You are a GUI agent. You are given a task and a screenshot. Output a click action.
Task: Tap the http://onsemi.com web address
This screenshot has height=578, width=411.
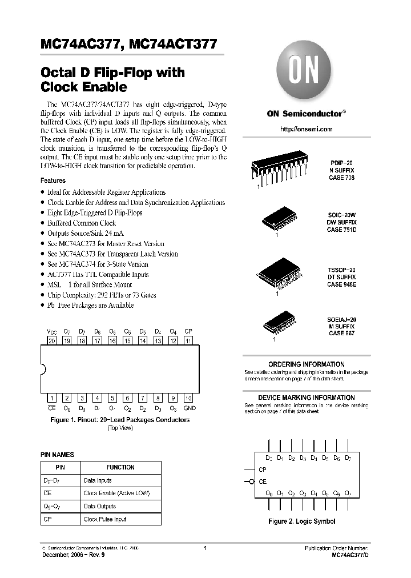click(x=306, y=130)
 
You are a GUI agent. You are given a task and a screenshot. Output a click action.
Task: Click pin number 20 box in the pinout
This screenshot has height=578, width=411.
click(x=52, y=341)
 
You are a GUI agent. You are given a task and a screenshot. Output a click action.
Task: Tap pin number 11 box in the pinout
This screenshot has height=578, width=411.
click(x=188, y=341)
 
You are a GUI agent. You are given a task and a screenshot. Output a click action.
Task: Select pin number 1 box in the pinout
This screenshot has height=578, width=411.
click(x=52, y=398)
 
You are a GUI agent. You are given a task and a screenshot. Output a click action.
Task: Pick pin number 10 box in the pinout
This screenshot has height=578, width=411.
click(x=188, y=398)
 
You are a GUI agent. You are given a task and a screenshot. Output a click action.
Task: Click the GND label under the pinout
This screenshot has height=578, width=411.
click(x=190, y=408)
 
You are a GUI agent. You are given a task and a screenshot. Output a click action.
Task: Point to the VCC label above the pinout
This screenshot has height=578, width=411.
click(x=51, y=331)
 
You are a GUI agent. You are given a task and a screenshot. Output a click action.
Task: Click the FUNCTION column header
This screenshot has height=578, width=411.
click(x=120, y=467)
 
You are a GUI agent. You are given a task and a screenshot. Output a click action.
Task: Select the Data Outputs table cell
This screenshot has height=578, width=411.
click(x=100, y=506)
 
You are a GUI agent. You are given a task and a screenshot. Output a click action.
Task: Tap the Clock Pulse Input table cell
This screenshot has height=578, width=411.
click(x=105, y=519)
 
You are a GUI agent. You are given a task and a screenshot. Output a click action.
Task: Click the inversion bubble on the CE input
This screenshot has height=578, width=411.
click(x=252, y=482)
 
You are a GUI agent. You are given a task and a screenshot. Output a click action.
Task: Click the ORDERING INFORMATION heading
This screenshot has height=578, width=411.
click(x=306, y=364)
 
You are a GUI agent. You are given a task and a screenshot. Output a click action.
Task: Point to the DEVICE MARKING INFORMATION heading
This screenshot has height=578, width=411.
click(x=306, y=398)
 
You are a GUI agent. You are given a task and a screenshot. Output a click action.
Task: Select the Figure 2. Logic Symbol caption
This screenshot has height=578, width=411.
click(x=302, y=521)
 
